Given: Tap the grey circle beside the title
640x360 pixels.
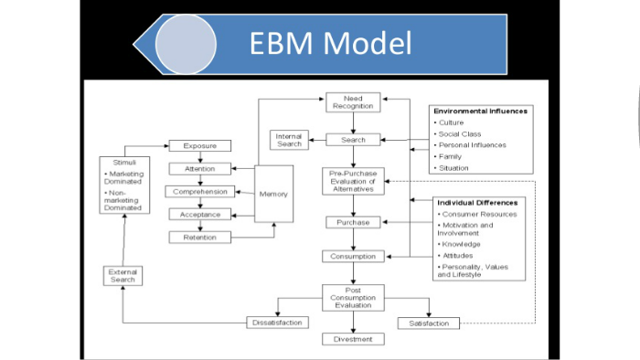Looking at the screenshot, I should click(186, 44).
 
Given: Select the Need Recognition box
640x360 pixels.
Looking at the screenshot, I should click(353, 102).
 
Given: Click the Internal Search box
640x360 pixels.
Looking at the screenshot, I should click(289, 140).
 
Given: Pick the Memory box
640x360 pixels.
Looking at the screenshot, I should click(273, 194).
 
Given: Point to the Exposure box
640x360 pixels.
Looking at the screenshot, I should click(199, 145).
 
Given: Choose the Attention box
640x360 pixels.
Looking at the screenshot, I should click(199, 169).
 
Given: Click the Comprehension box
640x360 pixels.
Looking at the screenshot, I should click(199, 192).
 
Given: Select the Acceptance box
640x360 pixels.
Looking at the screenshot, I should click(199, 214).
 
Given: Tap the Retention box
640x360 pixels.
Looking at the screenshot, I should click(199, 237).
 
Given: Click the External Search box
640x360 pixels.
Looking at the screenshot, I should click(123, 276).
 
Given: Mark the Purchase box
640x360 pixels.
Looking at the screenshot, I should click(353, 222).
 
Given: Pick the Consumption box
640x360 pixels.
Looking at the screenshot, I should click(353, 257).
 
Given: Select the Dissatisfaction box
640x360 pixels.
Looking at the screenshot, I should click(278, 323).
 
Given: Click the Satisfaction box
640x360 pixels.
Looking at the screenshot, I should click(429, 323).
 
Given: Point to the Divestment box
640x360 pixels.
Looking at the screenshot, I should click(353, 339).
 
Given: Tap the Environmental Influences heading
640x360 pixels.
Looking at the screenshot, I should click(480, 111).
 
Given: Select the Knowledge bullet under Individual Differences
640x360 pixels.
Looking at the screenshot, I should click(460, 245).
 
